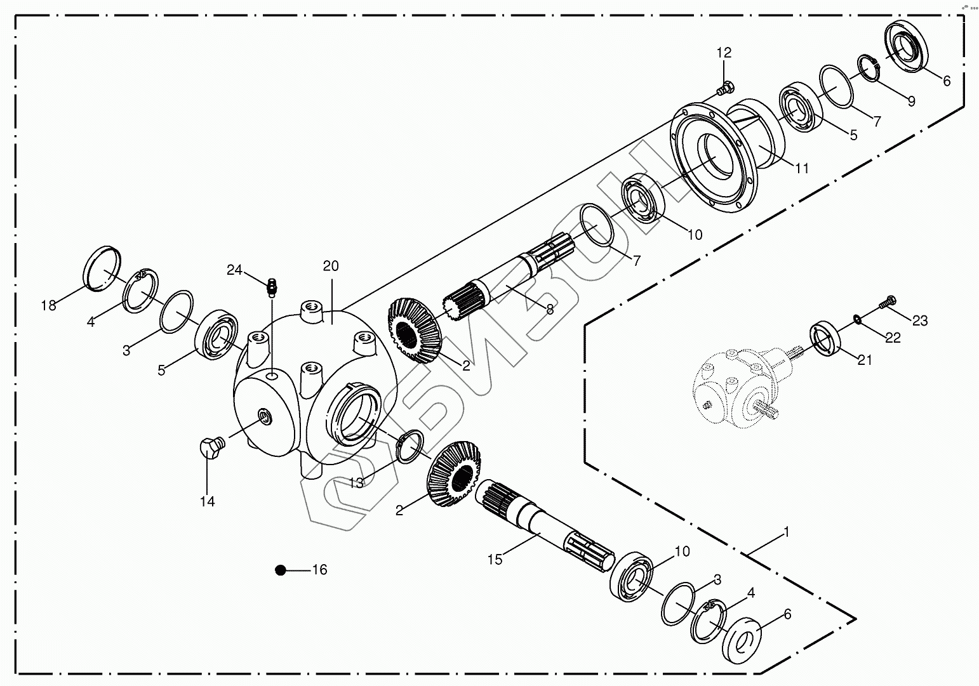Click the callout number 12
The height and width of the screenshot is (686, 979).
coord(724,53)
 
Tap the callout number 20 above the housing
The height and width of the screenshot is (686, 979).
coord(331,266)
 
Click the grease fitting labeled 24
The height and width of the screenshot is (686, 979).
coord(272,287)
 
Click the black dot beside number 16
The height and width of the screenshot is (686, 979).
coord(280,571)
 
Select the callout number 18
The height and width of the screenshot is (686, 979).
coord(48,305)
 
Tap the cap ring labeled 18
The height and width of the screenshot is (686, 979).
coord(102,268)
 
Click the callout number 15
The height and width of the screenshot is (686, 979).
coord(495,560)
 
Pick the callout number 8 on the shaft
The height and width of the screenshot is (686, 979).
coord(550,309)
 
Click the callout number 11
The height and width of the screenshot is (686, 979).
coord(802,168)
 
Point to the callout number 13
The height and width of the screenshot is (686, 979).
coord(357,483)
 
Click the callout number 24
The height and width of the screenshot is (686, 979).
coord(234,270)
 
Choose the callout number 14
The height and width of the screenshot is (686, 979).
coord(208,501)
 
